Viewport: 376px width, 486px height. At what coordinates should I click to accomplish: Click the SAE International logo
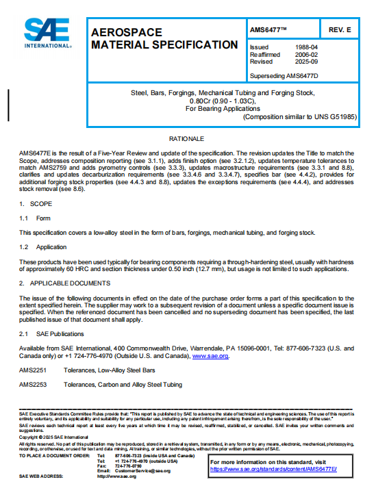(47, 33)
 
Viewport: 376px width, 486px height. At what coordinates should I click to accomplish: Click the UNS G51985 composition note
(300, 117)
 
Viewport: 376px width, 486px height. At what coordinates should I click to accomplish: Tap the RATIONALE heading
(187, 139)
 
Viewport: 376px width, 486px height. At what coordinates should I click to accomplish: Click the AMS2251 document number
(32, 371)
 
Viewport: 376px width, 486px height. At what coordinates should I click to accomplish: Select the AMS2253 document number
(32, 385)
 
